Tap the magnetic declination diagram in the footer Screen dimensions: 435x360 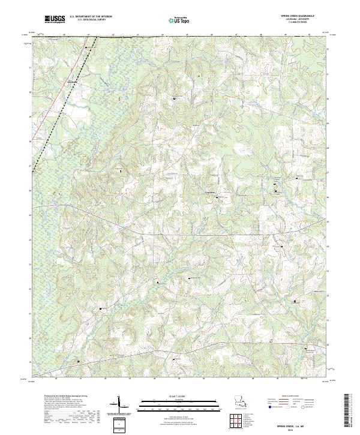click(x=119, y=405)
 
